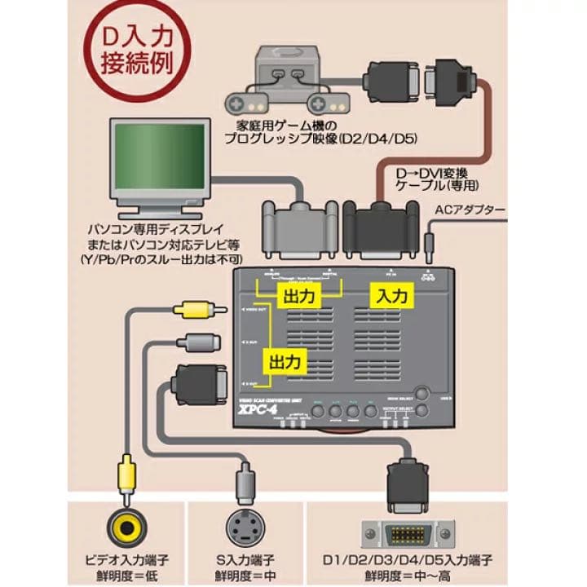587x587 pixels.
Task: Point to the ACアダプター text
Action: point(470,210)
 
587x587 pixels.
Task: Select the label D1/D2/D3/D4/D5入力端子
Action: point(407,560)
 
